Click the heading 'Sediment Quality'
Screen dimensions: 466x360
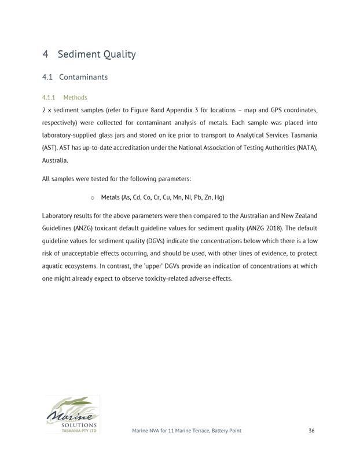coord(97,54)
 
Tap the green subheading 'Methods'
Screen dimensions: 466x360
coord(75,98)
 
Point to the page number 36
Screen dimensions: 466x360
coord(311,431)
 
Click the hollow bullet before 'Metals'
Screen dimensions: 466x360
coord(93,197)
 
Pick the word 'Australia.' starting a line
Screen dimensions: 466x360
coord(56,160)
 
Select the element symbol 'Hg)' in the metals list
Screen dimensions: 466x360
coord(219,197)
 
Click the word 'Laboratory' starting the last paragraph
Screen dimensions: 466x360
coord(58,216)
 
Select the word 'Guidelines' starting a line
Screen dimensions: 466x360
coord(58,228)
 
